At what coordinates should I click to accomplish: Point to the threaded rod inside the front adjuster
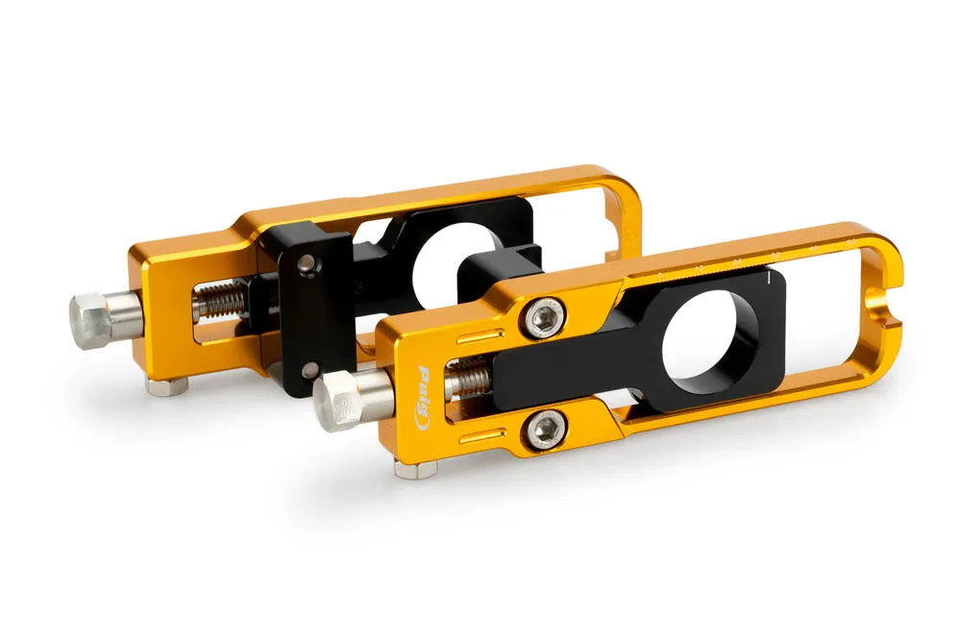[x=469, y=383]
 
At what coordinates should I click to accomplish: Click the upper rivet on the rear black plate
[x=305, y=261]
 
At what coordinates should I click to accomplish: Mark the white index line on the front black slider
[x=770, y=280]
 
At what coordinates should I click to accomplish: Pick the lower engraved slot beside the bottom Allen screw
[x=484, y=438]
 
